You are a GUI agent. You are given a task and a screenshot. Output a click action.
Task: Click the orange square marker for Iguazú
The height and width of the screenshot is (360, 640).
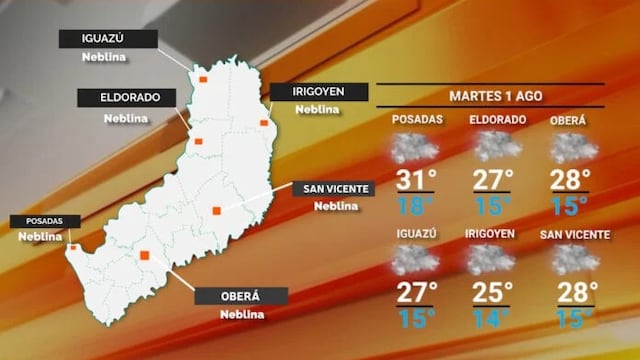coord(203,77)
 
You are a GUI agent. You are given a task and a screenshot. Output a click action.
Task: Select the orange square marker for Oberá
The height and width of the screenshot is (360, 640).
coord(146,256)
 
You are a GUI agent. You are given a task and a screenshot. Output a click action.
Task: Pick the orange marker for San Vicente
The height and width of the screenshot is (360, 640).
coord(216,210)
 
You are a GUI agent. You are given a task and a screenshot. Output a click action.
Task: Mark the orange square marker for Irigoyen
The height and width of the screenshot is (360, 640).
coord(264,123)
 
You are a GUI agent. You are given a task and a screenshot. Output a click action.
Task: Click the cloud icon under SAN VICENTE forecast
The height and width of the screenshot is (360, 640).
coord(575,260)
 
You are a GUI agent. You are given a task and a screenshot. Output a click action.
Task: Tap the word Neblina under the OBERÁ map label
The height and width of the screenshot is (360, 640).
coord(241,314)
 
